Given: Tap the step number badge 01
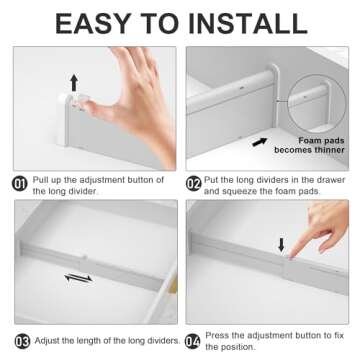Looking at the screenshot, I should [20, 182].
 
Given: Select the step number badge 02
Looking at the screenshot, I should [194, 182].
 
